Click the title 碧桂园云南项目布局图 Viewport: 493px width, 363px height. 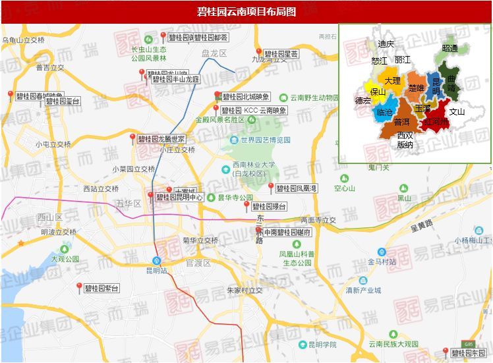pos(246,12)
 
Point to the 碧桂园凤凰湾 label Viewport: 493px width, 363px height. pos(297,188)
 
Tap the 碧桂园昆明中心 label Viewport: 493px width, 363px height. pos(180,197)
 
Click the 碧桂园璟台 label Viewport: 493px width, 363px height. pos(269,207)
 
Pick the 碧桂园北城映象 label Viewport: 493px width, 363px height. pos(246,97)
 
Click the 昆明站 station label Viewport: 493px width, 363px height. pos(156,270)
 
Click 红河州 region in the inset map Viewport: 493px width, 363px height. pos(436,122)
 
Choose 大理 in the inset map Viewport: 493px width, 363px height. pos(393,80)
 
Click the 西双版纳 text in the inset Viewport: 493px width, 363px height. pos(405,140)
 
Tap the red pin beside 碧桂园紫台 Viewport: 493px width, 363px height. pos(79,287)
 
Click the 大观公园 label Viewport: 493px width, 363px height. pos(65,259)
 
